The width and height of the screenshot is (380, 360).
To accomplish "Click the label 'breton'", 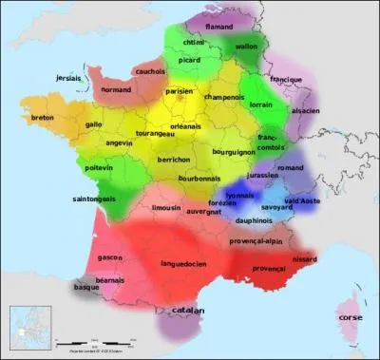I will (43, 118).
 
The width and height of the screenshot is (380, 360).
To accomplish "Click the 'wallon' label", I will (246, 46).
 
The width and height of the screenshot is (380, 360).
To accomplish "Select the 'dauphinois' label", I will (255, 220).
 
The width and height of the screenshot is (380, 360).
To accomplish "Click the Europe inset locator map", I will (28, 328).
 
